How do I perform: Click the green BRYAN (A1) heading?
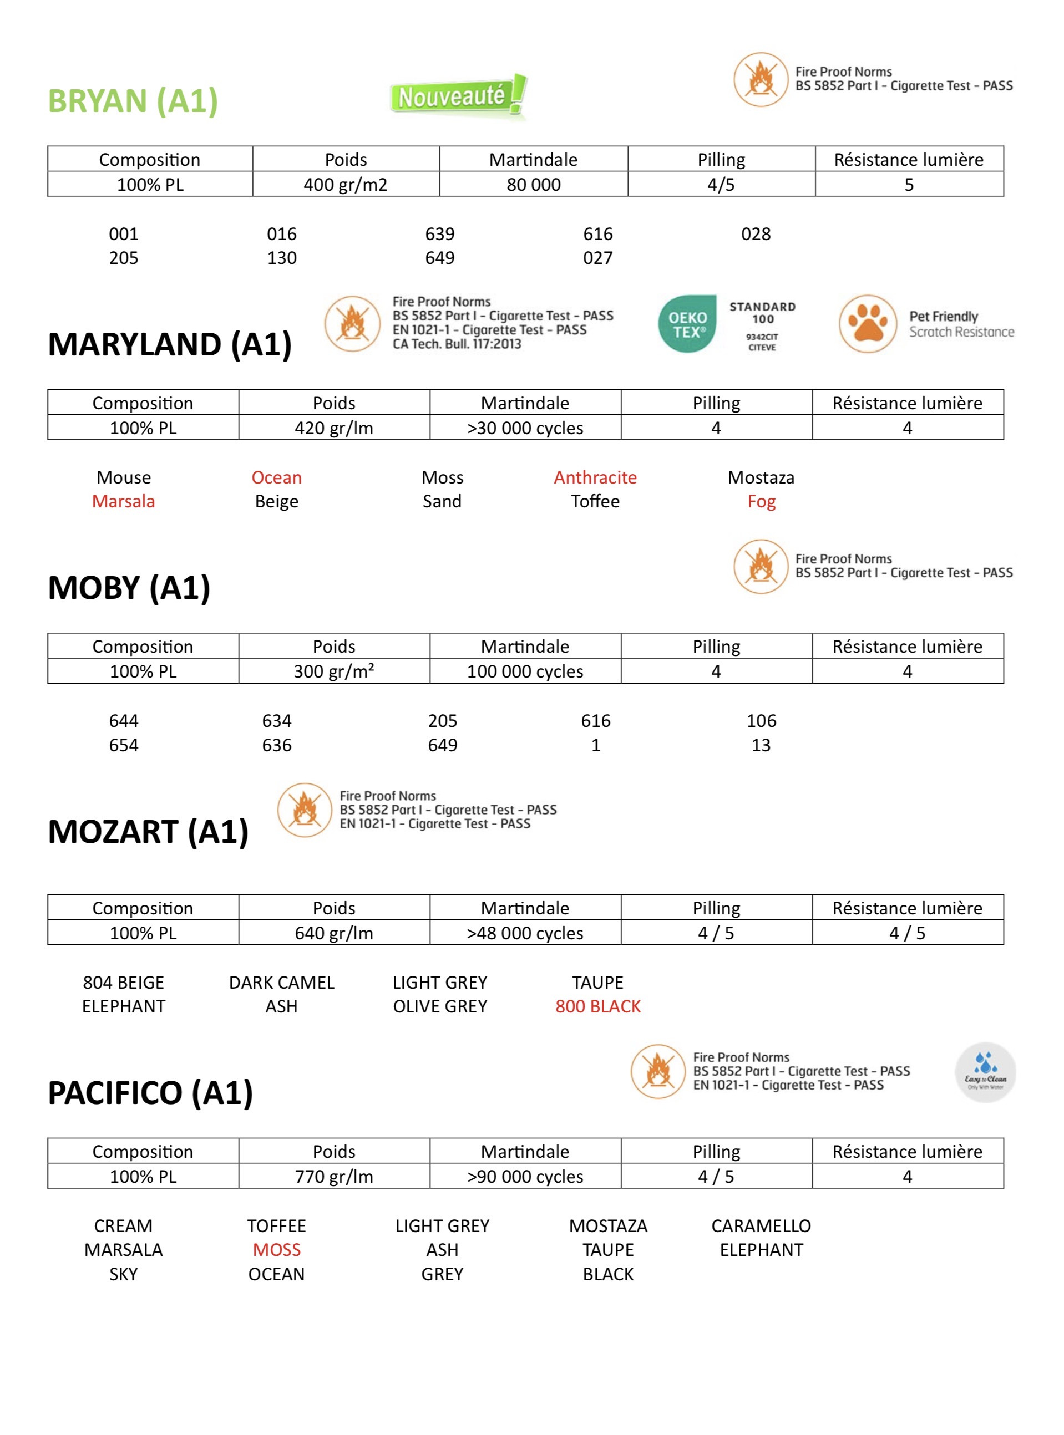tap(133, 101)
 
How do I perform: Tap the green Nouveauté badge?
tap(458, 97)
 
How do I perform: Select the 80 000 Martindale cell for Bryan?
tap(533, 185)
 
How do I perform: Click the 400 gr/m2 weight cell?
tap(345, 185)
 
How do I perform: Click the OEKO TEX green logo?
tap(687, 324)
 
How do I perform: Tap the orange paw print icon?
tap(868, 324)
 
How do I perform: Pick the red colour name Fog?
tap(761, 501)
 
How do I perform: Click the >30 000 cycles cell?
tap(525, 428)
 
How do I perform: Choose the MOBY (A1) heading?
tap(129, 588)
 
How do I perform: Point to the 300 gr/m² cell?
tap(333, 671)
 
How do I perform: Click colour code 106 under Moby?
tap(761, 720)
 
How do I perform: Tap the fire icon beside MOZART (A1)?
tap(304, 810)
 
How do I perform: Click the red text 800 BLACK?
tap(597, 1006)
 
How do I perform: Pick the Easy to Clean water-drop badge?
tap(985, 1072)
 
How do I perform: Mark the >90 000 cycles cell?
tap(525, 1176)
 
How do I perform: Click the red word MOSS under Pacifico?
tap(276, 1250)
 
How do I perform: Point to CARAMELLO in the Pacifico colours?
tap(761, 1226)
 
